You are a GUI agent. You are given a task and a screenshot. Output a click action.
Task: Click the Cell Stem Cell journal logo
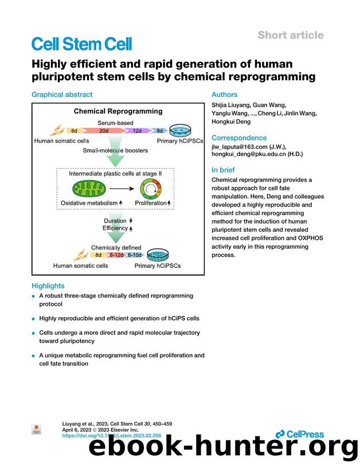point(81,44)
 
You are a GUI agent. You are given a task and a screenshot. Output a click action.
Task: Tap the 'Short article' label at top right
point(290,35)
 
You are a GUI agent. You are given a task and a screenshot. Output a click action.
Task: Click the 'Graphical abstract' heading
point(62,95)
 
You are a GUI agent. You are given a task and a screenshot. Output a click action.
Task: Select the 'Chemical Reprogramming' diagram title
point(118,111)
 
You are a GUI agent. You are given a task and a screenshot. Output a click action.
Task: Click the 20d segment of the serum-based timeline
point(104,131)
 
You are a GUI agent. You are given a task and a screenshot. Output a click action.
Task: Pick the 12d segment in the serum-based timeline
point(138,131)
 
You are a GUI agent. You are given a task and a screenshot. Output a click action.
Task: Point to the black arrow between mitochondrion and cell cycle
point(119,188)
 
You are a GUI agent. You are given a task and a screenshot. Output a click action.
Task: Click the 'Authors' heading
point(224,95)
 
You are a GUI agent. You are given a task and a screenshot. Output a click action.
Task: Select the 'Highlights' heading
point(48,286)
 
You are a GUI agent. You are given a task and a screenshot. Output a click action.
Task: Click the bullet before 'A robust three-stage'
point(34,297)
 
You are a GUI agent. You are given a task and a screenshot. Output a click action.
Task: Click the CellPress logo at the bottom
point(299,434)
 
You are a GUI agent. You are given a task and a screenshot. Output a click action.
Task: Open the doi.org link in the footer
point(111,436)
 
